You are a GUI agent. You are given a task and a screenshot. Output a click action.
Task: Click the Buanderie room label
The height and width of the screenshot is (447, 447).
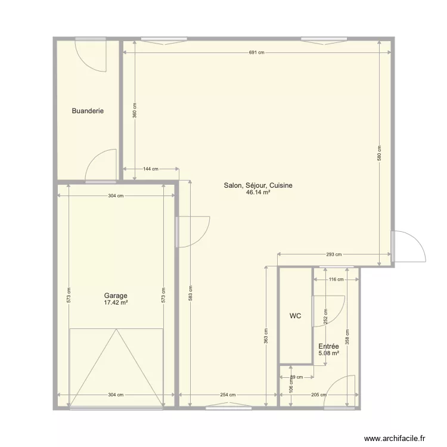88,111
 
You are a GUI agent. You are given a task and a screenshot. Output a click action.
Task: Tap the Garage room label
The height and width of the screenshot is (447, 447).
116,296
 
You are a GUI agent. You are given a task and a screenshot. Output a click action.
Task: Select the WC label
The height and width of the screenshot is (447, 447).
296,316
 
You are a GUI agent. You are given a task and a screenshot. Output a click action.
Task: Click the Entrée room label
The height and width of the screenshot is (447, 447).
328,346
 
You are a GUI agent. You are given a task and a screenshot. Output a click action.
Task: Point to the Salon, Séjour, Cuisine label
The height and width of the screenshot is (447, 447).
258,186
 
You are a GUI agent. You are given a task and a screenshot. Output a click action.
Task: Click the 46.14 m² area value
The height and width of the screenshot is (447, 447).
258,193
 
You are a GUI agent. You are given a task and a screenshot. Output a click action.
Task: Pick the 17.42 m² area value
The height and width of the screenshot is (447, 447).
116,303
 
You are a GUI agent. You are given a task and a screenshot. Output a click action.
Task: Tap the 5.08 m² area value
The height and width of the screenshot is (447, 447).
328,353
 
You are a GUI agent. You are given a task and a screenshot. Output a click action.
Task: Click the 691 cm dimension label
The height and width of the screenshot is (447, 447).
256,52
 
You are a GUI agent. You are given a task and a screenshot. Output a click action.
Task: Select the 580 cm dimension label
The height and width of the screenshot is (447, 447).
380,154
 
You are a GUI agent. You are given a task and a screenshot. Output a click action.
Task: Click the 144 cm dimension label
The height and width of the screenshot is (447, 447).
151,169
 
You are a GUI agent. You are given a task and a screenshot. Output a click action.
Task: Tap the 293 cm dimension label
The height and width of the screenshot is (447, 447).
334,254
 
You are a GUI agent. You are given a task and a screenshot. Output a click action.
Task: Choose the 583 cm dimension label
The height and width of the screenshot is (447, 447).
191,293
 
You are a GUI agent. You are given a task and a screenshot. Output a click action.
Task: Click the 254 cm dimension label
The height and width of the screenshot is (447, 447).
228,395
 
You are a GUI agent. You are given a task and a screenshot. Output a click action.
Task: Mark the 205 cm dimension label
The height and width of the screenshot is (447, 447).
319,395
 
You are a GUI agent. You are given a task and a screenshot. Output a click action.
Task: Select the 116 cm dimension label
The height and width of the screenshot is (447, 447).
337,279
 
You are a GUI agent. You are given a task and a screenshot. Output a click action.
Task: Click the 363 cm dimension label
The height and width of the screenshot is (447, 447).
266,337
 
